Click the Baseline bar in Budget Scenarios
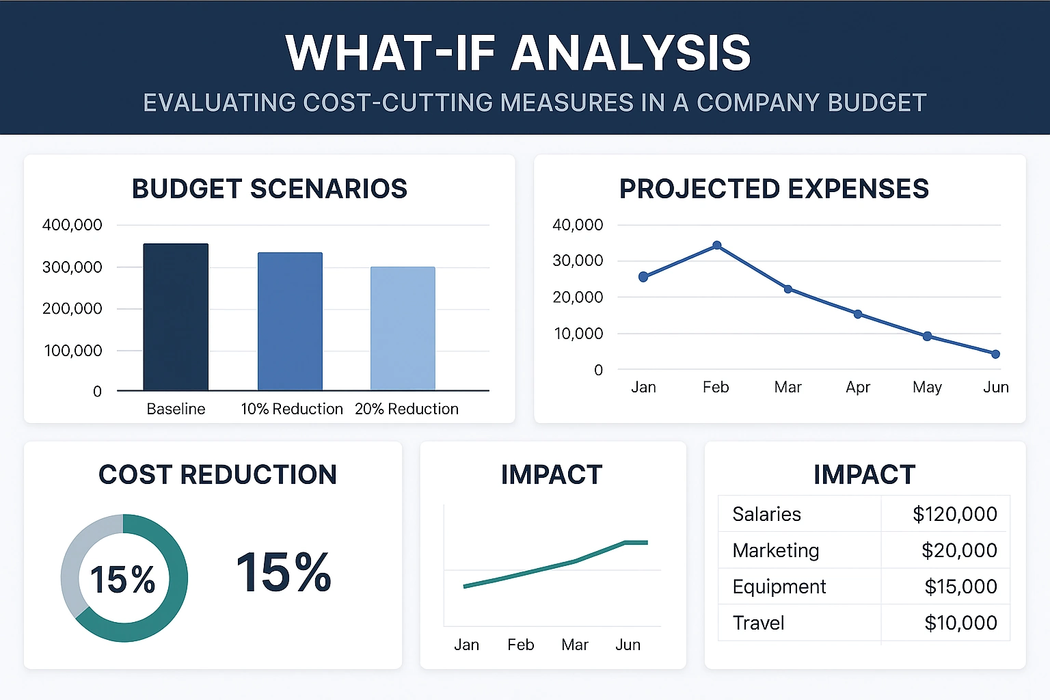(176, 317)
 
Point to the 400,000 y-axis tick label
(72, 225)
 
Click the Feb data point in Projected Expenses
(716, 245)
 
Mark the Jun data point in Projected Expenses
(995, 354)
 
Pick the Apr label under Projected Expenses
(857, 387)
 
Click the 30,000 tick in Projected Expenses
(578, 260)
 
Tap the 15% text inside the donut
(123, 580)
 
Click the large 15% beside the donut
(284, 573)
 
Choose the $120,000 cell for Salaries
(954, 514)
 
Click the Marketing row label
(775, 550)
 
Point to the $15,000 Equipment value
(960, 587)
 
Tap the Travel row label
(758, 623)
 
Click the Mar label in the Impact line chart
(574, 645)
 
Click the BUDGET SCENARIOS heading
(269, 189)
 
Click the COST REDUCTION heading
(217, 474)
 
